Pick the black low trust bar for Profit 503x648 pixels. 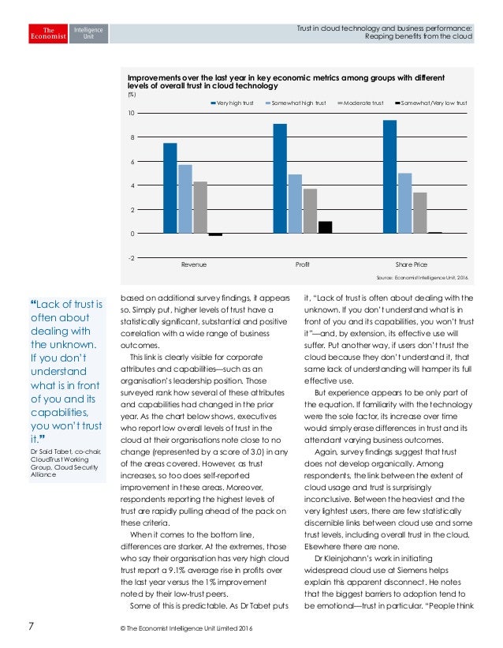pos(325,227)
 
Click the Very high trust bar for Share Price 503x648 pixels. pos(389,177)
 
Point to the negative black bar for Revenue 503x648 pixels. pos(215,234)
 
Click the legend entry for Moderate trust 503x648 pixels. pos(362,103)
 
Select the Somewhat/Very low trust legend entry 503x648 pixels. pos(430,103)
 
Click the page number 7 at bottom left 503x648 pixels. pos(31,627)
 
